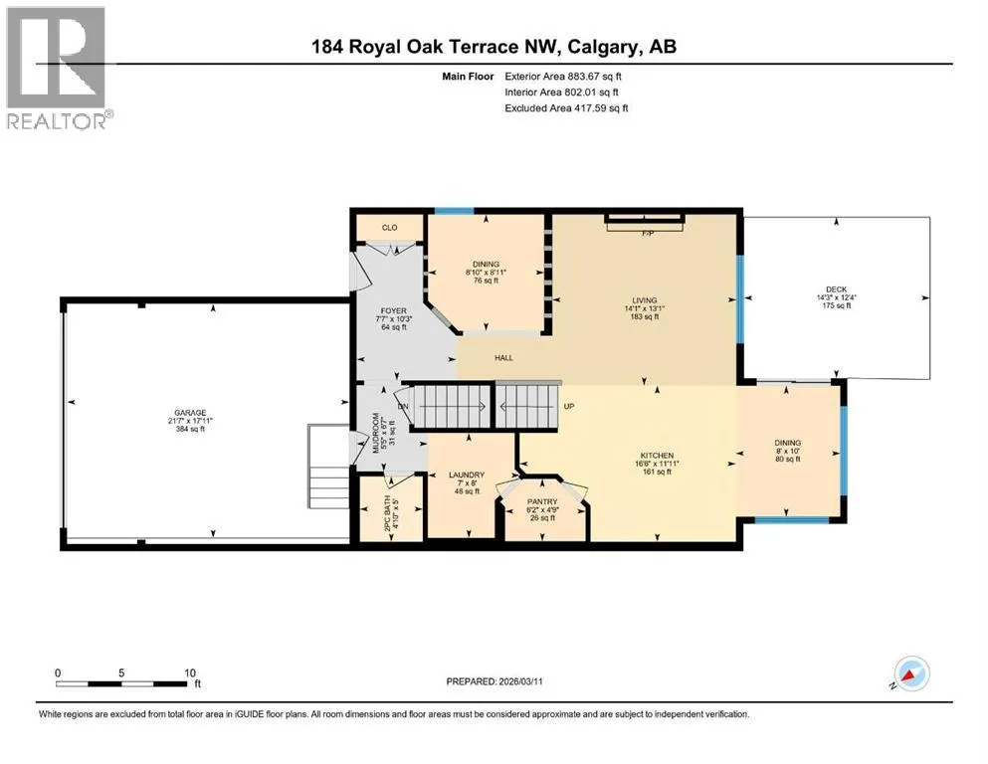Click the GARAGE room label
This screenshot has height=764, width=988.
[190, 413]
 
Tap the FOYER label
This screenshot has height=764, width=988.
[394, 311]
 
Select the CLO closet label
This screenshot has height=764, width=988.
[389, 228]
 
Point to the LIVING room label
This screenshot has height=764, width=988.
[645, 300]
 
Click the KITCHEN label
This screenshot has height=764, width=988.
[658, 456]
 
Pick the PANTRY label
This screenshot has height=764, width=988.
[542, 502]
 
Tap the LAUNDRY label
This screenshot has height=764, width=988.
[467, 475]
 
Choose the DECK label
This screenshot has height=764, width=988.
[837, 289]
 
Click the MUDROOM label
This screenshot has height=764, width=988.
[376, 433]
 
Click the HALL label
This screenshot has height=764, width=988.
[504, 358]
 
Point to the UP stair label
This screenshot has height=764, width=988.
[569, 406]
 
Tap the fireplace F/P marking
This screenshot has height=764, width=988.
[648, 234]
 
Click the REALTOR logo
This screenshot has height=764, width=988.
[59, 68]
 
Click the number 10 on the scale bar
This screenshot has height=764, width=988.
[190, 672]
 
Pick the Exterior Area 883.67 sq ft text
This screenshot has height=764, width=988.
[563, 77]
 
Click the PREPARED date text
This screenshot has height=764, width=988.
[494, 681]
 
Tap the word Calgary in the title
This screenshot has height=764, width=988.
[602, 47]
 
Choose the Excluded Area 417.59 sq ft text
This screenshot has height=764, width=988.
[566, 108]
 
